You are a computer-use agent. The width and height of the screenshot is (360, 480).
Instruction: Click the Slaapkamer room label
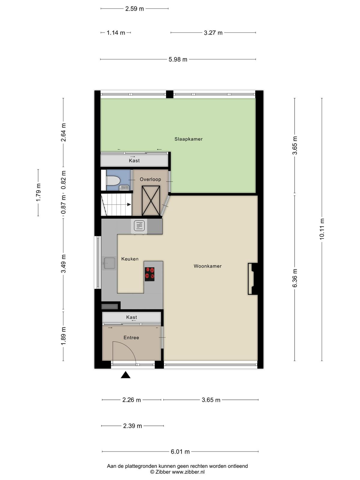pyautogui.click(x=188, y=139)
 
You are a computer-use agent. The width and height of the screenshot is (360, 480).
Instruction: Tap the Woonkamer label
pyautogui.click(x=207, y=266)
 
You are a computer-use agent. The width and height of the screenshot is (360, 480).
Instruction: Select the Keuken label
pyautogui.click(x=130, y=259)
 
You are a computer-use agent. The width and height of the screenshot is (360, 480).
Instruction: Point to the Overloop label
pyautogui.click(x=150, y=179)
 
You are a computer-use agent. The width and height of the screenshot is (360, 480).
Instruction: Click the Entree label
pyautogui.click(x=131, y=337)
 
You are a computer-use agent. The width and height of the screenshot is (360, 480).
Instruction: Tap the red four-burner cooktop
pyautogui.click(x=149, y=274)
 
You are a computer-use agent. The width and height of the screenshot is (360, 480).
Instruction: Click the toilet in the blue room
pyautogui.click(x=113, y=181)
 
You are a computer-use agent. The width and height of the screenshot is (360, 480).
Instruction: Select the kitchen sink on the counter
pyautogui.click(x=109, y=263)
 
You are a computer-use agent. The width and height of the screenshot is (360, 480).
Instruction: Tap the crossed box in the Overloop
pyautogui.click(x=151, y=200)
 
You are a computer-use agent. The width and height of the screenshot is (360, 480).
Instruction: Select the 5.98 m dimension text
pyautogui.click(x=178, y=59)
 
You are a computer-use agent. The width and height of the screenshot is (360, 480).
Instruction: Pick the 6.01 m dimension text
pyautogui.click(x=180, y=451)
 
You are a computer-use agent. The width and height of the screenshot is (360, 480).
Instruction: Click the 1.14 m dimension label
pyautogui.click(x=116, y=33)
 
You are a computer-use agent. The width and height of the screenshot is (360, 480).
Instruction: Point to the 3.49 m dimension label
pyautogui.click(x=63, y=264)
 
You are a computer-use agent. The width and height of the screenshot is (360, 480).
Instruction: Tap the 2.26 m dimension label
pyautogui.click(x=132, y=400)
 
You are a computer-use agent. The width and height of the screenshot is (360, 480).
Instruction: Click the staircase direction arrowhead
pyautogui.click(x=129, y=205)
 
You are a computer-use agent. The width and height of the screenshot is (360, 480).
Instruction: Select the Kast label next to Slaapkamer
pyautogui.click(x=134, y=160)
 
